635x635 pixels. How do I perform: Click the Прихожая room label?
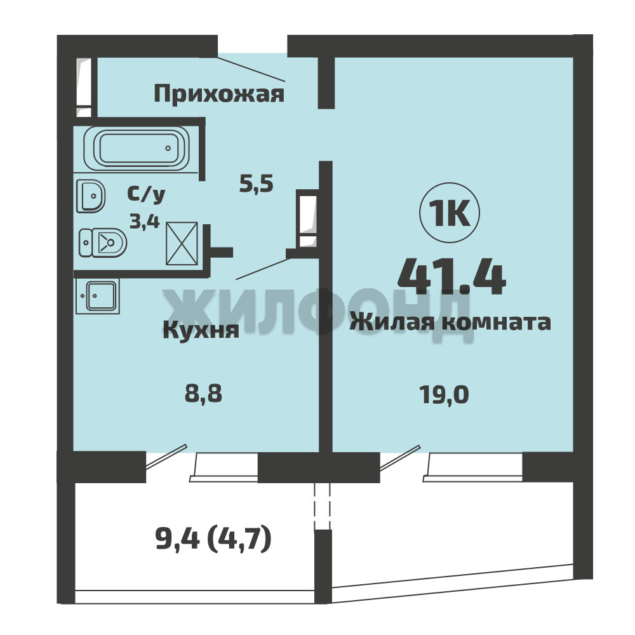click(x=219, y=95)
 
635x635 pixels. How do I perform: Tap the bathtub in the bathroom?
click(x=137, y=148)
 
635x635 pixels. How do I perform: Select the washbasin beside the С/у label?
click(x=91, y=196)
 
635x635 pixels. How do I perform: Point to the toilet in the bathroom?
click(x=103, y=243)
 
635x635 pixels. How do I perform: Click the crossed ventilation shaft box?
click(x=182, y=244)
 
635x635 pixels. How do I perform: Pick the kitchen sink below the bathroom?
click(x=97, y=297)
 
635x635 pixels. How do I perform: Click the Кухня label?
click(x=201, y=330)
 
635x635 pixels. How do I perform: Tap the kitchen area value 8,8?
click(x=203, y=393)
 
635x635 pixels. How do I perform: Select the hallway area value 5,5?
click(x=257, y=184)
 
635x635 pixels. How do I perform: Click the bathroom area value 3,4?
click(x=145, y=222)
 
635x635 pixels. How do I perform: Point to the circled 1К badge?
click(x=450, y=213)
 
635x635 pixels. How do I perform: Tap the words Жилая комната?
click(x=450, y=323)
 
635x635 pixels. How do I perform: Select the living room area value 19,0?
click(x=444, y=394)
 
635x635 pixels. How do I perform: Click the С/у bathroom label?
click(x=146, y=194)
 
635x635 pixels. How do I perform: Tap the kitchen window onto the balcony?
click(x=224, y=467)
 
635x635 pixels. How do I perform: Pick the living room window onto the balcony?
click(x=473, y=467)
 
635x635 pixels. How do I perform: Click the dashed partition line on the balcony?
click(x=323, y=506)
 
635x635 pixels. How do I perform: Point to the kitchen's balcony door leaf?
click(x=166, y=457)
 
